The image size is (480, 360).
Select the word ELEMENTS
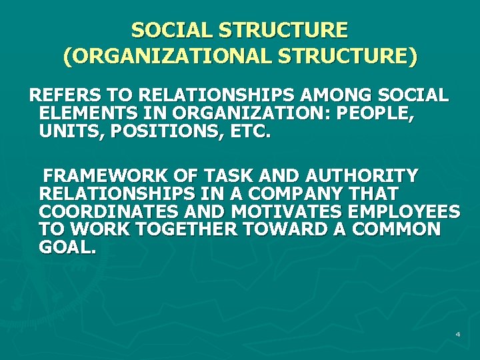81,113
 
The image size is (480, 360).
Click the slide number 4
458,333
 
